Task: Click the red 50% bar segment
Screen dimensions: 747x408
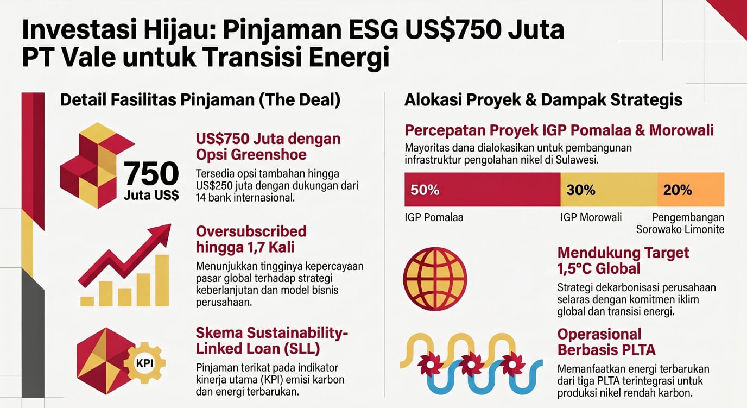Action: [482, 190]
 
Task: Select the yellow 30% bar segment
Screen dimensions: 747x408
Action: [609, 190]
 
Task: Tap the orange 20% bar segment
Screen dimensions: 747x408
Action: [691, 190]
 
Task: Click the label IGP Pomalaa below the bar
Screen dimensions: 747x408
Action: [434, 217]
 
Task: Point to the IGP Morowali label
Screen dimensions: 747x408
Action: [591, 217]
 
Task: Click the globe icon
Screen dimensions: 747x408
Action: [435, 279]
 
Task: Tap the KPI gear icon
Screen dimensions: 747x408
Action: [144, 362]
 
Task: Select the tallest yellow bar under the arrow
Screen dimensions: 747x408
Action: [162, 280]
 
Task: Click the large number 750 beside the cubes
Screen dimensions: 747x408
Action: [151, 173]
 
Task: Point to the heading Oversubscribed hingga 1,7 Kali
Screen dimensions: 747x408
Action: [251, 239]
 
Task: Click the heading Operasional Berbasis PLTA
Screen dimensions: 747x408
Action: [606, 342]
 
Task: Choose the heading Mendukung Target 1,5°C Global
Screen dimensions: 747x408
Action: [623, 261]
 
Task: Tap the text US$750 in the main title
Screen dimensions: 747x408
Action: [453, 30]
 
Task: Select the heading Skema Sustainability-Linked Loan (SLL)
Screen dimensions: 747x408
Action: [272, 341]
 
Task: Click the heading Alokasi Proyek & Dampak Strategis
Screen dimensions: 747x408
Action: [543, 100]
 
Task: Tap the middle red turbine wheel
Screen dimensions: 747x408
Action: [471, 364]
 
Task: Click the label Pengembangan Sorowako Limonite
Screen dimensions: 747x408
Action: [680, 223]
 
